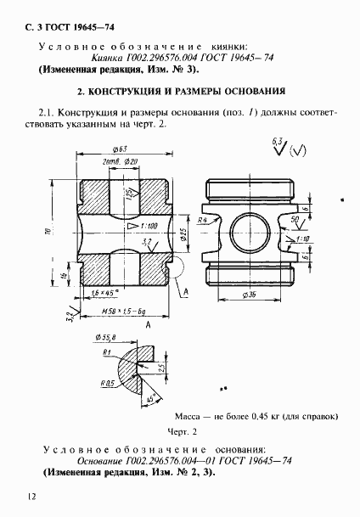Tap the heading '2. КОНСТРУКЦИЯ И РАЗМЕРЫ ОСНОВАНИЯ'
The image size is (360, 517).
point(181,90)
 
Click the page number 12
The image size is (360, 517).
point(31,495)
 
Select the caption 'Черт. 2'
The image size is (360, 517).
point(181,430)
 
